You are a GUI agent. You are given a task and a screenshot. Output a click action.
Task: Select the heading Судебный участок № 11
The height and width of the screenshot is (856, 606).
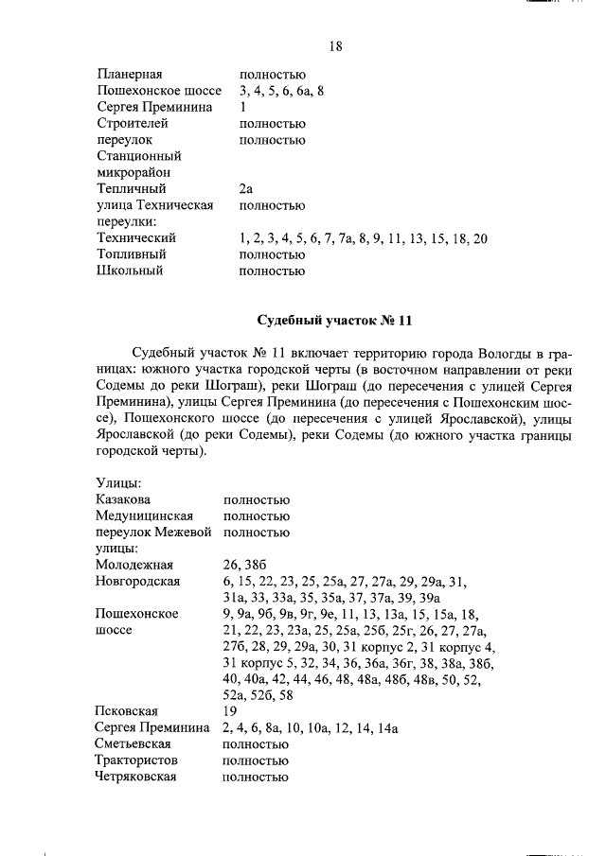tap(335, 320)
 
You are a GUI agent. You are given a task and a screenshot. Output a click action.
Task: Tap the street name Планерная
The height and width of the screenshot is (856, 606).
tap(130, 74)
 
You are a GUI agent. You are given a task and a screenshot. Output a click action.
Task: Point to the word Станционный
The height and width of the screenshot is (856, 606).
tap(138, 156)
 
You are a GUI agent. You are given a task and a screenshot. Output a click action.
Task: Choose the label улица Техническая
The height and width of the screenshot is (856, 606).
tap(154, 205)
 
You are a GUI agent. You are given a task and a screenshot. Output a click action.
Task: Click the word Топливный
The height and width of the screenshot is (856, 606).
tap(132, 254)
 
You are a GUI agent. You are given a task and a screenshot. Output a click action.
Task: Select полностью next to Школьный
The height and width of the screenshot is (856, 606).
tap(273, 271)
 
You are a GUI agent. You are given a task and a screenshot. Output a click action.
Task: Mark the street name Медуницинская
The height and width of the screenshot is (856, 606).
tap(145, 516)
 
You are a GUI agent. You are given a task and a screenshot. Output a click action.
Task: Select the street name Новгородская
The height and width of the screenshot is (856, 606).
tap(138, 581)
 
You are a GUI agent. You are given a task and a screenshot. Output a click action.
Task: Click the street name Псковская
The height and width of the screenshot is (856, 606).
tap(127, 710)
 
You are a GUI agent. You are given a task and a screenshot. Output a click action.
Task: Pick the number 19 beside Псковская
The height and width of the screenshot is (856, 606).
tap(230, 710)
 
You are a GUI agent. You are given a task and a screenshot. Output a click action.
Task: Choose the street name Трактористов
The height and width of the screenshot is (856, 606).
tap(137, 760)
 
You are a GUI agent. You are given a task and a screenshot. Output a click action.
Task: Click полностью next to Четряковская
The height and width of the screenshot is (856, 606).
tap(256, 777)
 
